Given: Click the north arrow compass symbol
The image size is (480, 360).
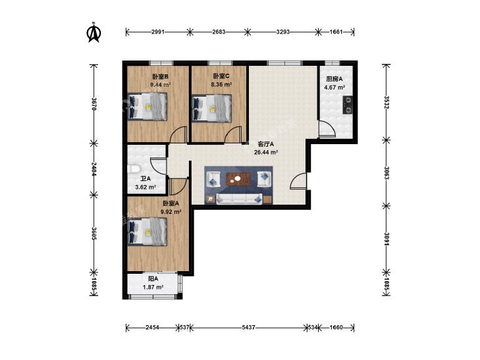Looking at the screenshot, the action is click(94, 32).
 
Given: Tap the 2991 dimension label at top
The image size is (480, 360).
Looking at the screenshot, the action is click(158, 32).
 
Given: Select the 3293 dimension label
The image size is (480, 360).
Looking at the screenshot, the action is click(283, 32).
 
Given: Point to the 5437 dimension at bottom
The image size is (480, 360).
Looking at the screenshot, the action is click(248, 328).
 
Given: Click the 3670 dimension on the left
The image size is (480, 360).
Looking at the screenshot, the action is click(94, 104).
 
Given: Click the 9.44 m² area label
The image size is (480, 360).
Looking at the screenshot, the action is click(160, 85).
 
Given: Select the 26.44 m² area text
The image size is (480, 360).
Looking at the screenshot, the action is click(266, 152).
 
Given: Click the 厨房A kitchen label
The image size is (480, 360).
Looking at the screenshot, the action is click(334, 79).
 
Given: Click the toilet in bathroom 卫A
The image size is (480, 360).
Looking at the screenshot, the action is click(134, 168).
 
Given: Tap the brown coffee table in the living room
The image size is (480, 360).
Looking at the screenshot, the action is click(239, 179).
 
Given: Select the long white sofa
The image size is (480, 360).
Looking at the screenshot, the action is click(239, 199).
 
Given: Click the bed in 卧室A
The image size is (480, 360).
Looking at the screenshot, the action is click(147, 232).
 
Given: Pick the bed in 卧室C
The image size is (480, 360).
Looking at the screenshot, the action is click(211, 109).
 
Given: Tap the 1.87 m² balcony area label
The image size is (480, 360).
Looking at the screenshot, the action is click(153, 287).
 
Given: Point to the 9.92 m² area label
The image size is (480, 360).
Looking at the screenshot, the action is click(171, 211).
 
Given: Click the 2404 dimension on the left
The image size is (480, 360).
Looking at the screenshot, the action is click(94, 169).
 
